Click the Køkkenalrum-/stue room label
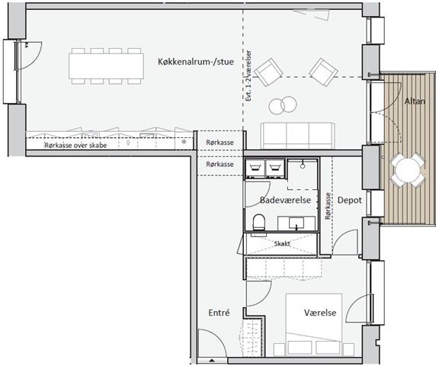[196, 62]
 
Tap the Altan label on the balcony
[415, 101]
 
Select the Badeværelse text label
[285, 200]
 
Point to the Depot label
[350, 200]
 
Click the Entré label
[219, 313]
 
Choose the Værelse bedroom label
[320, 313]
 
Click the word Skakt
[282, 244]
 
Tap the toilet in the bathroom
[259, 222]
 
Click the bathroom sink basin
[297, 223]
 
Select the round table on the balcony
[408, 169]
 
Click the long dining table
[106, 66]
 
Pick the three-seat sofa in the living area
[297, 136]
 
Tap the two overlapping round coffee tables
[283, 105]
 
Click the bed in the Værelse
[314, 325]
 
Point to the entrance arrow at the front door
[209, 360]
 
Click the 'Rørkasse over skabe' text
[75, 145]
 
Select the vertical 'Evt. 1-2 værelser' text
[248, 75]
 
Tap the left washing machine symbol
[255, 168]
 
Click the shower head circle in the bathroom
[303, 165]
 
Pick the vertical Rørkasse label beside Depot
[328, 206]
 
